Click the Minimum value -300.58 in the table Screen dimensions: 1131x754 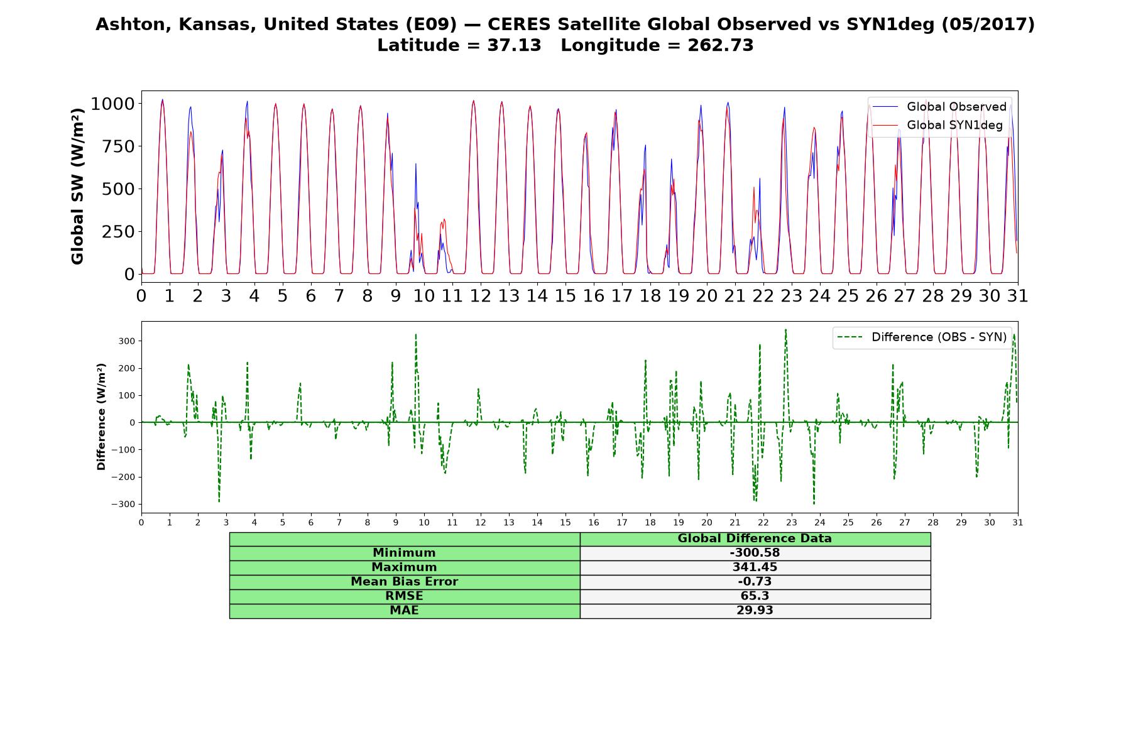coord(755,553)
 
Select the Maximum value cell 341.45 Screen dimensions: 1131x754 coord(755,567)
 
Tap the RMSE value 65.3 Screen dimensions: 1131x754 coord(755,596)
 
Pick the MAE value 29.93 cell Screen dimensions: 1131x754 coord(755,611)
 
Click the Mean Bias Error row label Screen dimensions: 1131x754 coord(404,582)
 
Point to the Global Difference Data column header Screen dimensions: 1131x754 coord(755,538)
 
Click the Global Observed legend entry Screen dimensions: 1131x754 coord(939,107)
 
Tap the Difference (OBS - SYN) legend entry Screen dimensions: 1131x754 coord(922,337)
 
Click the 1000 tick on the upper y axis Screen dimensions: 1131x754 coord(112,104)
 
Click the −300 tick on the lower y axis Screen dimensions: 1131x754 coord(124,505)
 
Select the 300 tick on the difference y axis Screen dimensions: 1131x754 coord(128,341)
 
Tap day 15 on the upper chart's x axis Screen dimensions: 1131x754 coord(565,296)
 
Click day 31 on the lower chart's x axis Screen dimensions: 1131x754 coord(1018,523)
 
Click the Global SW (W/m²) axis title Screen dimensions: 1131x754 coord(77,186)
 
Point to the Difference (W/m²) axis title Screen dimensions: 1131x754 coord(101,417)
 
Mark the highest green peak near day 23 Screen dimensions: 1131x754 coord(785,329)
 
